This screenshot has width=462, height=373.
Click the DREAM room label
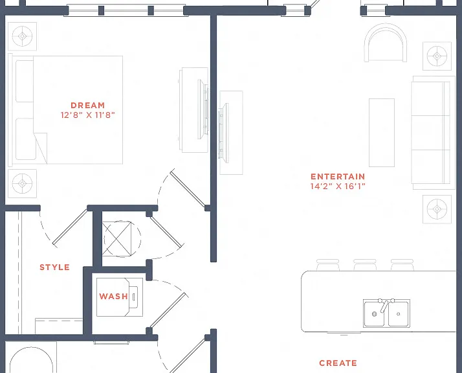87,106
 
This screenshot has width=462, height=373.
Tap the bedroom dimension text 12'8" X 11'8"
87,115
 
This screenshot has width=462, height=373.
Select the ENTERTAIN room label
338,177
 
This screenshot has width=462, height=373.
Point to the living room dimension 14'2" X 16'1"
338,186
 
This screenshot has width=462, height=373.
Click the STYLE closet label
55,267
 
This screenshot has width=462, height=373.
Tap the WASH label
113,297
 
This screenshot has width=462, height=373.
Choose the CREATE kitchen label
338,363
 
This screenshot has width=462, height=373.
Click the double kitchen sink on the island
386,313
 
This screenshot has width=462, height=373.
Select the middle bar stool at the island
365,264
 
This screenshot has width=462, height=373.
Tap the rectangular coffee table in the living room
382,133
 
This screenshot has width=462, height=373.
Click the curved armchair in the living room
386,43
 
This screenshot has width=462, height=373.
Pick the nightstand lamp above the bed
23,36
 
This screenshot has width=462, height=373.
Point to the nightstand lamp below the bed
23,183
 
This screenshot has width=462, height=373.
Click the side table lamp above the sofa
437,56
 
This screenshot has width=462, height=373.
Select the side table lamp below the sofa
437,209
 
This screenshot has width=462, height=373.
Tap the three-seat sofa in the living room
433,133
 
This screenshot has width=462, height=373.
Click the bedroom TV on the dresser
203,109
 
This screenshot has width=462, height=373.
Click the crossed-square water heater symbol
117,238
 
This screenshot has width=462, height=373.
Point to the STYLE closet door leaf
70,227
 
